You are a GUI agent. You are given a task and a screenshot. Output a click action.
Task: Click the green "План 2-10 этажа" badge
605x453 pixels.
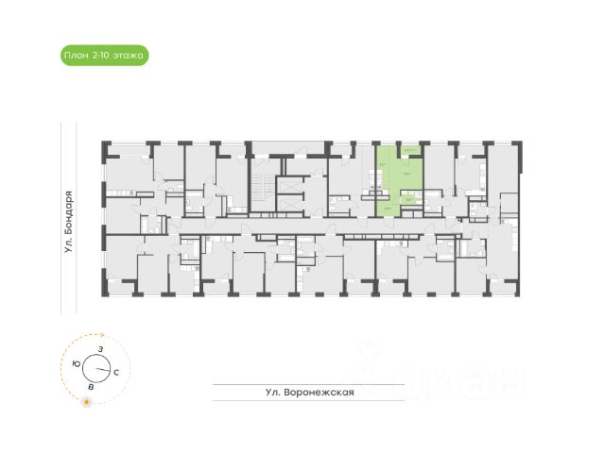click(x=103, y=56)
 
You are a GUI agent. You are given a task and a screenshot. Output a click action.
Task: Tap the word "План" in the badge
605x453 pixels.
click(x=76, y=56)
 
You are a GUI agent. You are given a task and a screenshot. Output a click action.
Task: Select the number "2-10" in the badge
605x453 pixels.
click(x=100, y=56)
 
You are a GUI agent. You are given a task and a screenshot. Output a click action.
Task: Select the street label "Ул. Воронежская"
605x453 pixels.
click(x=310, y=394)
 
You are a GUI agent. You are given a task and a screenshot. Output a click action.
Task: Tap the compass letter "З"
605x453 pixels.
click(x=100, y=349)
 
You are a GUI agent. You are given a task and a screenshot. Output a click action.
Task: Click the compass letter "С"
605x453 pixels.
click(x=115, y=373)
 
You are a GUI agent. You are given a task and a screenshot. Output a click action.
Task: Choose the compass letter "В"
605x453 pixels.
click(x=90, y=387)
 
